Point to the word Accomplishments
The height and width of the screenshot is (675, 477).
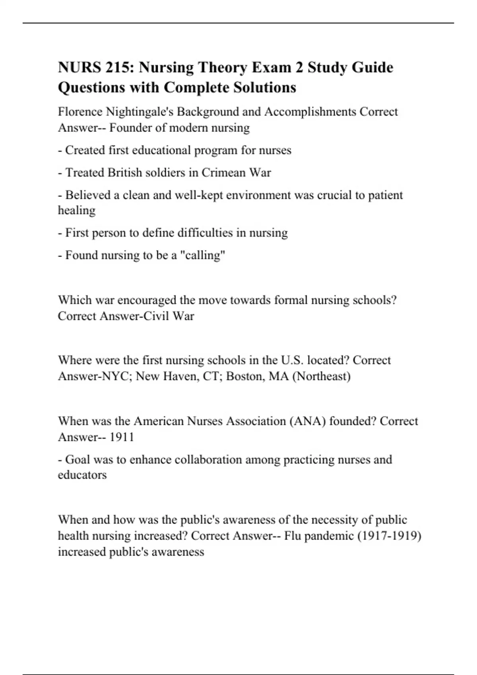click(x=310, y=112)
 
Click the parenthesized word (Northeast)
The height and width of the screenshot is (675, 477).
click(x=321, y=376)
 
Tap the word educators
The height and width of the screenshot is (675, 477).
click(x=82, y=475)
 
